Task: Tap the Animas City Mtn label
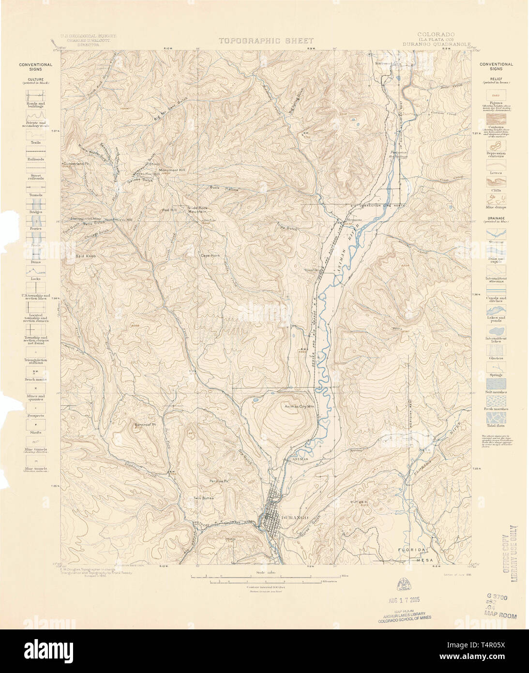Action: (300, 406)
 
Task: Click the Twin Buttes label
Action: (203, 498)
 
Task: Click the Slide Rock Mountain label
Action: (197, 210)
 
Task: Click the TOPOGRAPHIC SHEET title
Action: (266, 41)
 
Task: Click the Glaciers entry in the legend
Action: (496, 358)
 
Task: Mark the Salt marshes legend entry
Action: (496, 392)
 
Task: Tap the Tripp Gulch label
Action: (287, 228)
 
